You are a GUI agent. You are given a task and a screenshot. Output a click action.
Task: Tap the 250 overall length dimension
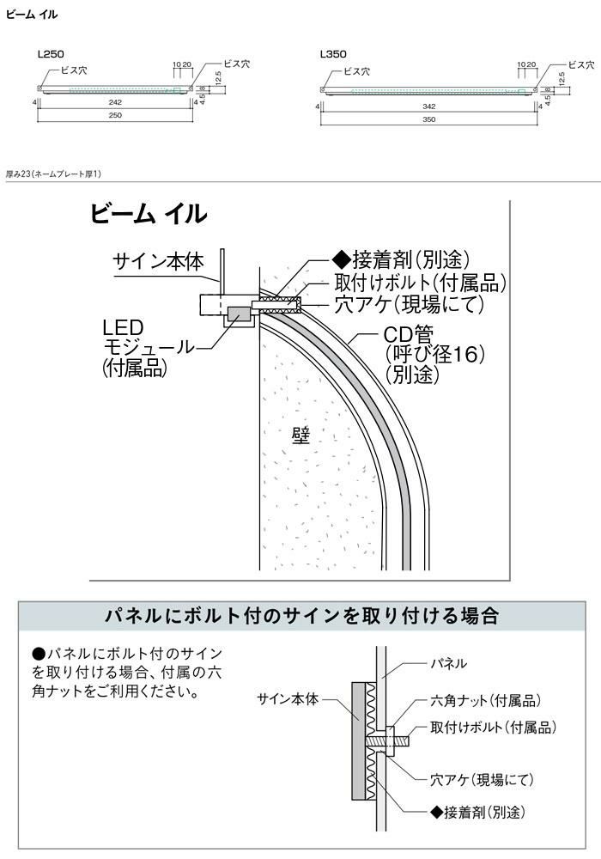tap(115, 116)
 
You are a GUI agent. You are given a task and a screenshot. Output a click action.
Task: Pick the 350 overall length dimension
tap(429, 119)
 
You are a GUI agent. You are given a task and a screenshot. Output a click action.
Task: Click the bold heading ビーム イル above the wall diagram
tap(149, 215)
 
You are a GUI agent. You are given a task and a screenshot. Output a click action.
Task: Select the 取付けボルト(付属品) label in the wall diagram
tap(419, 283)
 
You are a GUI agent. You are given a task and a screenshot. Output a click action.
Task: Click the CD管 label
tap(411, 332)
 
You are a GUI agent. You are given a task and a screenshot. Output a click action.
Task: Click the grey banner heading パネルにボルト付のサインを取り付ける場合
tap(300, 616)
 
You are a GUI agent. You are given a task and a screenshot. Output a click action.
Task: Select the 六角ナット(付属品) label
tap(484, 702)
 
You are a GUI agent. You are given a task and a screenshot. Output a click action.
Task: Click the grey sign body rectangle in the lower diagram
tap(356, 738)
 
